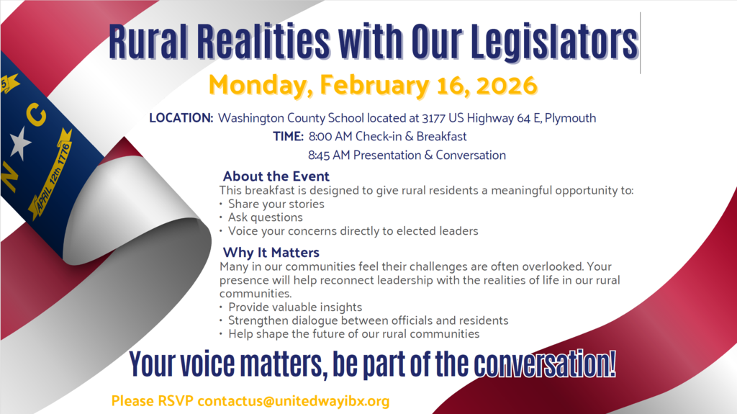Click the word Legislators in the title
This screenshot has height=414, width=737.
coord(554,42)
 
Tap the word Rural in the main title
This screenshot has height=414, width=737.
coord(147,42)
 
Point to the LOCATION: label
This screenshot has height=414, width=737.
coord(181,118)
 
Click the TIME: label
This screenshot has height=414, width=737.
coord(289,137)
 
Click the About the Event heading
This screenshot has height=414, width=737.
coord(276,176)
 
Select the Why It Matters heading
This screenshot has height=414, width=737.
coord(271,253)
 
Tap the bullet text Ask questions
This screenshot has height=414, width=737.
coord(266,217)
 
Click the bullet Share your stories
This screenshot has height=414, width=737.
coord(276,204)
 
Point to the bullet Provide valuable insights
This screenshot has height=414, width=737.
coord(295,307)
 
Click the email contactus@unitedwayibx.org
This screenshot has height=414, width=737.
coord(294,400)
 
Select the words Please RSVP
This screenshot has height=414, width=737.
coord(153,400)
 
